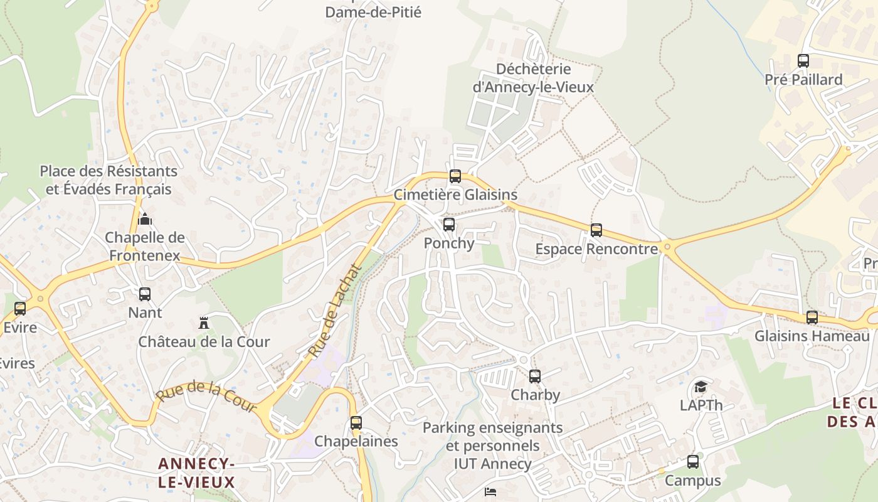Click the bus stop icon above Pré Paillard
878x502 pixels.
pyautogui.click(x=803, y=61)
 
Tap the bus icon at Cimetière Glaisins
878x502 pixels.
pyautogui.click(x=455, y=176)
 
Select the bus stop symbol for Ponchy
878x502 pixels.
pyautogui.click(x=448, y=225)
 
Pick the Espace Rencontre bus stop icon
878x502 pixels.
pyautogui.click(x=596, y=230)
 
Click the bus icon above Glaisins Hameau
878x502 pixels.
pyautogui.click(x=812, y=318)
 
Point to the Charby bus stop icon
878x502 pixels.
pyautogui.click(x=534, y=376)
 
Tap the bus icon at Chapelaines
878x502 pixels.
pyautogui.click(x=356, y=423)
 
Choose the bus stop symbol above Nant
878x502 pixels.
pyautogui.click(x=145, y=294)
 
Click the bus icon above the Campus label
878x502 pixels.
pyautogui.click(x=693, y=462)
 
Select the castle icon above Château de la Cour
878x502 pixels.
pyautogui.click(x=204, y=323)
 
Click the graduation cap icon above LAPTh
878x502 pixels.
pyautogui.click(x=701, y=387)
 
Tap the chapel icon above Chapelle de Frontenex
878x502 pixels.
pyautogui.click(x=145, y=219)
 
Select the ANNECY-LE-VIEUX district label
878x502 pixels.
pyautogui.click(x=196, y=473)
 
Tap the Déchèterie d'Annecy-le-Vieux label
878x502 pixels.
pyautogui.click(x=533, y=78)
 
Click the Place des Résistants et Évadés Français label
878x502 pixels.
pyautogui.click(x=108, y=180)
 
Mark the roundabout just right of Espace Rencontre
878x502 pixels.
pyautogui.click(x=667, y=247)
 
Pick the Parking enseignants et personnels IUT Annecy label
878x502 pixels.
pyautogui.click(x=492, y=446)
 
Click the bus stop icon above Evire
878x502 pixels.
pyautogui.click(x=20, y=309)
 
